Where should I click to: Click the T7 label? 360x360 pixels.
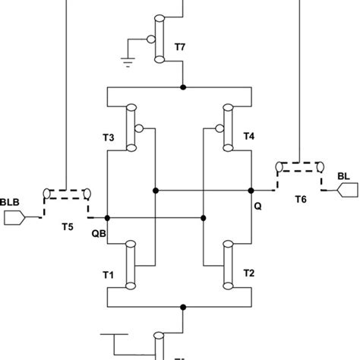(x=180, y=47)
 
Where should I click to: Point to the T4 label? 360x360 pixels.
(x=248, y=137)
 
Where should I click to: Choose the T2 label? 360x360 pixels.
(x=248, y=273)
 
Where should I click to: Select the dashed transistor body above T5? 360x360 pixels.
(x=65, y=194)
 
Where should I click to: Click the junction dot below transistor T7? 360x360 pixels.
(x=182, y=88)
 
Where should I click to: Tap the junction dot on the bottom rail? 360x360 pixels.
(x=182, y=308)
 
